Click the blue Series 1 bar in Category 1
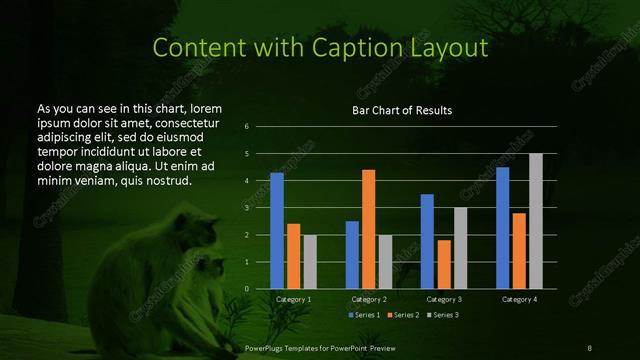277,231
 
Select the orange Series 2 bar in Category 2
368,229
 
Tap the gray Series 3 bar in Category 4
535,221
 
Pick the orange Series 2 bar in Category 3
443,264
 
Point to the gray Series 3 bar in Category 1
310,262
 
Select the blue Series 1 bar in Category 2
352,255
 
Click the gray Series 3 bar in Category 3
460,248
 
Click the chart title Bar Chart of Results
402,110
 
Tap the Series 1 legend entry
363,315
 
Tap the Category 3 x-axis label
443,299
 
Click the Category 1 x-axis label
293,299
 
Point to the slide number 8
590,347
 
